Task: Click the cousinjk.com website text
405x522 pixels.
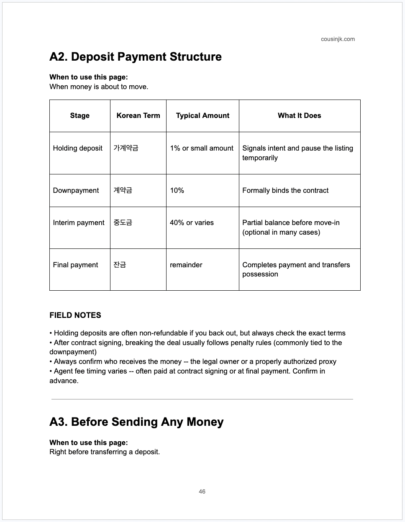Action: pos(338,39)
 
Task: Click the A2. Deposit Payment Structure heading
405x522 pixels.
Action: pos(136,57)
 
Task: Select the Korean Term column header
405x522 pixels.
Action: pos(138,116)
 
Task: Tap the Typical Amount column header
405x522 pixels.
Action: pos(202,116)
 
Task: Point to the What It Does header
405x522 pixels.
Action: pos(299,116)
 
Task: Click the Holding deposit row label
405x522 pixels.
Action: pos(78,148)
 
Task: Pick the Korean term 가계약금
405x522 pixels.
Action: pos(126,148)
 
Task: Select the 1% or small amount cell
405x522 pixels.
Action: pos(202,148)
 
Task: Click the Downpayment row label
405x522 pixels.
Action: pos(76,191)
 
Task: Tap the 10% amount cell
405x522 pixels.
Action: pos(177,191)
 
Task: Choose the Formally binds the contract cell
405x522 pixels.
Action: pos(285,191)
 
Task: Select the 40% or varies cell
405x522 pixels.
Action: pos(192,223)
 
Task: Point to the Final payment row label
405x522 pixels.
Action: pos(75,265)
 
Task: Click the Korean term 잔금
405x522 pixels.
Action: pos(120,265)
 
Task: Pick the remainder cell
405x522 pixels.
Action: pos(186,265)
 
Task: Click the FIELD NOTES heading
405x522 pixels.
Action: pos(75,315)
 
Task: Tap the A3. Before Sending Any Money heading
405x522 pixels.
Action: pos(136,422)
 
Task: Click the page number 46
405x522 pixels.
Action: pos(202,492)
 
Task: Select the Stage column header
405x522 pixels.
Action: pos(79,116)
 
